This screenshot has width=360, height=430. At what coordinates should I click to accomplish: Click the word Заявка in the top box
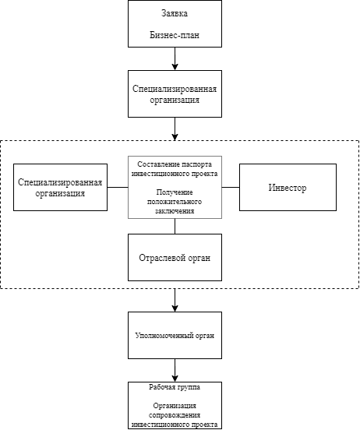pos(175,13)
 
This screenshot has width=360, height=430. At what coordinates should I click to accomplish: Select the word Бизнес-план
pos(175,35)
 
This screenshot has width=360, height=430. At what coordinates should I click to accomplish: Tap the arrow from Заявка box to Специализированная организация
pos(175,58)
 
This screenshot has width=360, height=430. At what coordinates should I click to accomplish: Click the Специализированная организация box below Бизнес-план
pos(175,93)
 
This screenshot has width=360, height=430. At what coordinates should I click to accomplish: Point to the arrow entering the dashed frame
pos(175,129)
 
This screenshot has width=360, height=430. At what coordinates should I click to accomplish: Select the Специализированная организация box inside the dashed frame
pos(60,187)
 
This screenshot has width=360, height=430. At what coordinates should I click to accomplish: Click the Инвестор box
pos(288,187)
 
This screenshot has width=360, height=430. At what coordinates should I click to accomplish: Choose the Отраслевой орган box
pos(175,257)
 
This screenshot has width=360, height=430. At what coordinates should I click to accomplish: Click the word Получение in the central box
pos(175,192)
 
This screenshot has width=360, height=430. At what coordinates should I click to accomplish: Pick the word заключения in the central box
pos(175,211)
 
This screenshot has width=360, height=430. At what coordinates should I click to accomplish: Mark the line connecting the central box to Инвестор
pos(231,187)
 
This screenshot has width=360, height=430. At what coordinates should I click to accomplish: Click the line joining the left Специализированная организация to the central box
pos(118,187)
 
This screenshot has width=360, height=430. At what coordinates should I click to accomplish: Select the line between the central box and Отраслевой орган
pos(175,226)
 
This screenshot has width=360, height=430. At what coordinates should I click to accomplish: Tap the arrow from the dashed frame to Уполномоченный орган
pos(175,300)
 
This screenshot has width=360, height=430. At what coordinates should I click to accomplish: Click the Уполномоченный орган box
pos(175,335)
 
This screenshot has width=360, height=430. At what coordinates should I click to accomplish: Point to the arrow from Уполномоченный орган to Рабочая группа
pos(175,370)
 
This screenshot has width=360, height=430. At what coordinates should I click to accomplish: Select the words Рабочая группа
pos(175,387)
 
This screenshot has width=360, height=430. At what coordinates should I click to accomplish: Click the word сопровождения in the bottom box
pos(175,415)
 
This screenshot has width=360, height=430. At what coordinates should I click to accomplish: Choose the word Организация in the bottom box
pos(175,406)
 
